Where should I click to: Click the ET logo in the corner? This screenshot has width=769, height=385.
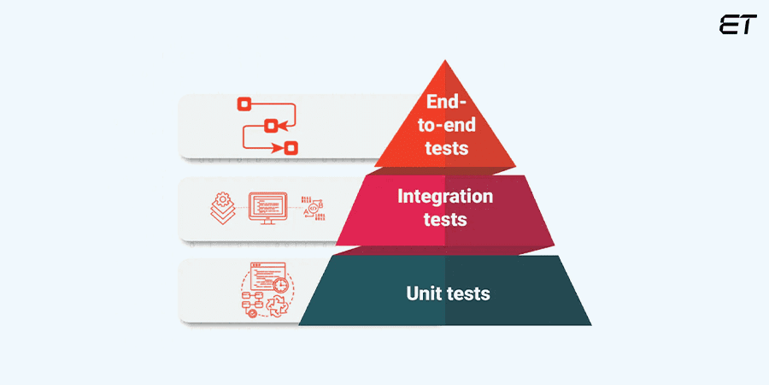(737, 25)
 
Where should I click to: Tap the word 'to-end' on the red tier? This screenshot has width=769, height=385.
(445, 125)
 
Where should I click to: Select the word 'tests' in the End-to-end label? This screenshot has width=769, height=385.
(445, 147)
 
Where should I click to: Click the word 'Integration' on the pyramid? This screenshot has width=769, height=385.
(445, 196)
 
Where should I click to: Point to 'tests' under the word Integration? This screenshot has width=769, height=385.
(445, 219)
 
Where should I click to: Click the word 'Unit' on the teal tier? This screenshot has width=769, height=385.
(424, 293)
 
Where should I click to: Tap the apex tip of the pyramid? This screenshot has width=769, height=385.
(445, 62)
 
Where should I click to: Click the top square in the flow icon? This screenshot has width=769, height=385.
(244, 104)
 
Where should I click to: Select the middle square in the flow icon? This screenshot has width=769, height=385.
(271, 126)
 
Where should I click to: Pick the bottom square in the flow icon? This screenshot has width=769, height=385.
(291, 148)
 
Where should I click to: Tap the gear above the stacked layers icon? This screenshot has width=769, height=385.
(222, 199)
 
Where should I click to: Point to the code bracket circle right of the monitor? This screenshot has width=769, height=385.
(314, 208)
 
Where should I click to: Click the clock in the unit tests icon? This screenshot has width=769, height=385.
(281, 284)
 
